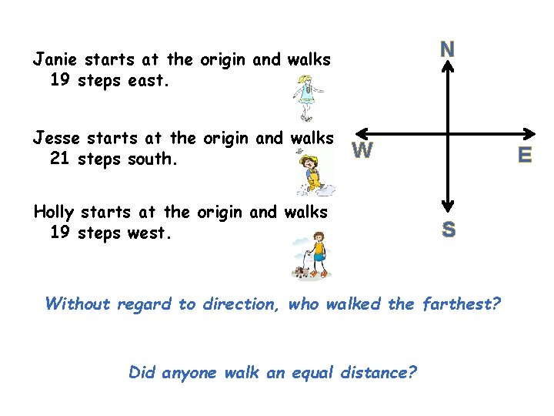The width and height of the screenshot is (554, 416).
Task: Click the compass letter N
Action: [x=447, y=49]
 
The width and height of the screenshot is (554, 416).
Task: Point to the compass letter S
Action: [x=448, y=229]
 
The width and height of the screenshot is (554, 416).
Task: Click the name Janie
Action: [x=55, y=59]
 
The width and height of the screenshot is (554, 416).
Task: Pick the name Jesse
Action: [x=56, y=139]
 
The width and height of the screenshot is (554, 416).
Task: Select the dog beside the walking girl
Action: [x=302, y=270]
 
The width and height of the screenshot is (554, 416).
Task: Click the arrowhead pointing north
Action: [x=448, y=67]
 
